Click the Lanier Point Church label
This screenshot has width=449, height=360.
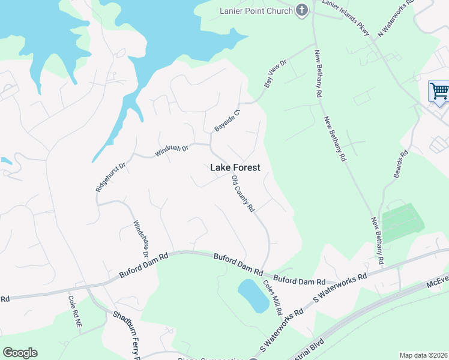[256, 10]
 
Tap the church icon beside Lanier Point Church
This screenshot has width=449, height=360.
[302, 10]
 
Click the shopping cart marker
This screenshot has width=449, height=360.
[439, 92]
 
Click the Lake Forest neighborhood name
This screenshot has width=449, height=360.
[235, 168]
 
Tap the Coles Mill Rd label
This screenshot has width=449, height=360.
[273, 299]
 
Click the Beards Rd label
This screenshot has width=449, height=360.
[400, 164]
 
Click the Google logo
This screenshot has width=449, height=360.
[20, 353]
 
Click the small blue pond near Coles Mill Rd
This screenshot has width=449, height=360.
[253, 296]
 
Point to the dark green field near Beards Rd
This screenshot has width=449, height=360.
[402, 222]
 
